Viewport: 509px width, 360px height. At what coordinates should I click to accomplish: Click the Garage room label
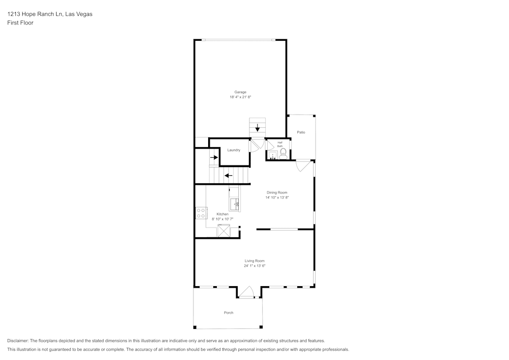tap(240, 92)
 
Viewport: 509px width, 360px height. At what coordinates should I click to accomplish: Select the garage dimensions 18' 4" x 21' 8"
tap(240, 97)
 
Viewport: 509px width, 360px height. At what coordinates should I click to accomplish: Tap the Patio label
tap(301, 132)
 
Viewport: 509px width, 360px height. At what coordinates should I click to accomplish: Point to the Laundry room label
tap(234, 150)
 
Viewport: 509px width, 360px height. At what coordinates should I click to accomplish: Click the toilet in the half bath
tap(283, 152)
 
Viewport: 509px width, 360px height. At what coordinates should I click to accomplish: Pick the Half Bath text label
tap(280, 144)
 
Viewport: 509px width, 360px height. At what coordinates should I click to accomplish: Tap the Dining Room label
tap(277, 192)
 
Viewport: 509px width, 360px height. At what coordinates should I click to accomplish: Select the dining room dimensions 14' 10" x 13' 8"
tap(277, 198)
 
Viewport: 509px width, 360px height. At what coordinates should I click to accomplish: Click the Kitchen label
tap(222, 214)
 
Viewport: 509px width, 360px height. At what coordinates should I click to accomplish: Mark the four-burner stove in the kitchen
tap(201, 213)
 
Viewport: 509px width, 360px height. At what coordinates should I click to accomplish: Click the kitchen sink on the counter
tap(235, 205)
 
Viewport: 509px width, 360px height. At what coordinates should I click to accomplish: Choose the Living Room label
tap(254, 261)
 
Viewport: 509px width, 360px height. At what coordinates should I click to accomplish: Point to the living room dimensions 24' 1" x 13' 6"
tap(254, 266)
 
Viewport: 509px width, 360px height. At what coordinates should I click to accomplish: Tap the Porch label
tap(229, 313)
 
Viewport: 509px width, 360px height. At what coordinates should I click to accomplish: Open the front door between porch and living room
tap(246, 292)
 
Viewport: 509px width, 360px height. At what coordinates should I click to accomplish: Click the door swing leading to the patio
tap(302, 165)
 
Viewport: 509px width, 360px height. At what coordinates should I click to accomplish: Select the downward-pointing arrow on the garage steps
tap(258, 127)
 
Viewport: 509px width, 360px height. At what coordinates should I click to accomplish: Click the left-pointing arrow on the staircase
tap(229, 176)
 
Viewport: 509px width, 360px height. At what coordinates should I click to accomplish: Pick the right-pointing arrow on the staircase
tap(214, 158)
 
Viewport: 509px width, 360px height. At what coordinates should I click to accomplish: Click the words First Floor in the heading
tap(20, 23)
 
